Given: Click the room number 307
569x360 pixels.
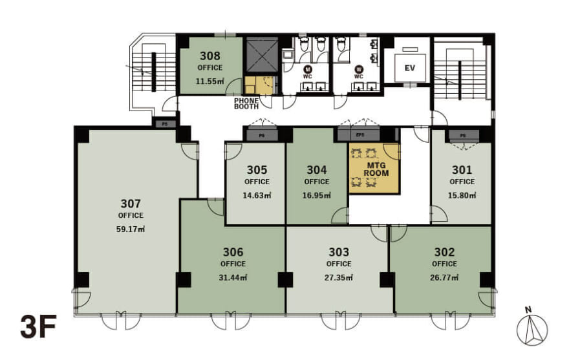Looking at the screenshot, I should (131, 203).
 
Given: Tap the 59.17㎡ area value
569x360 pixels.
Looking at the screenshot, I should (131, 228).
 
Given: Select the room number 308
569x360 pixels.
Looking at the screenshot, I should (209, 56).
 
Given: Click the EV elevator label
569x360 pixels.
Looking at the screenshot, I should (409, 67).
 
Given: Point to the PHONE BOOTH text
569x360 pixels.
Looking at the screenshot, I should (247, 103).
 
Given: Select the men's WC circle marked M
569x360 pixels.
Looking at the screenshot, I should (308, 69).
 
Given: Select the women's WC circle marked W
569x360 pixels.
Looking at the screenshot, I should (359, 69).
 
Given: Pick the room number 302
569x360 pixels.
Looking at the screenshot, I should (444, 252).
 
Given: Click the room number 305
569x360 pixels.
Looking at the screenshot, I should (257, 171).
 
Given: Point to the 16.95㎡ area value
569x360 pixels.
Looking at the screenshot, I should (317, 195).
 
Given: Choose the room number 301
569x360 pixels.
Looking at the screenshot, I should (462, 171).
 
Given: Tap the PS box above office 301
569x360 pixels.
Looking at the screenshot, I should (462, 136).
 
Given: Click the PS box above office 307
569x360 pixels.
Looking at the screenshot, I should (164, 123).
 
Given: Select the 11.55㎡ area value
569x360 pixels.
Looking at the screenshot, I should (209, 81).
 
